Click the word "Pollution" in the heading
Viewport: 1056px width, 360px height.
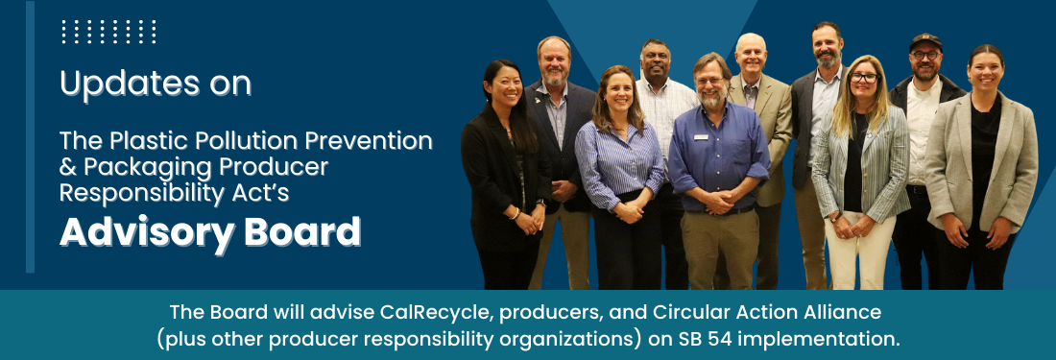241,141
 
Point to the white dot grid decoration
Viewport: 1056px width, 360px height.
108,33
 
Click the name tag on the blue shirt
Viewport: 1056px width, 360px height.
701,137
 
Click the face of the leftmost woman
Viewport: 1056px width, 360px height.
503,85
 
